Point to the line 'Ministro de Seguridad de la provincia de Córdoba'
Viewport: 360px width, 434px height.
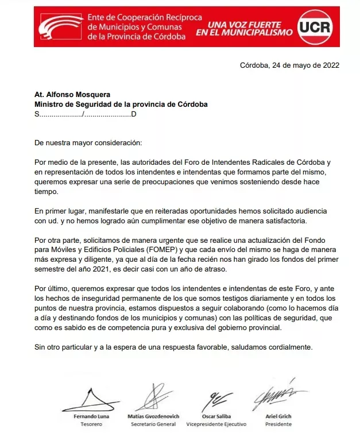tap(121, 104)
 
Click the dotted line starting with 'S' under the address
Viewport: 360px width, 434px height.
tap(86, 114)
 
